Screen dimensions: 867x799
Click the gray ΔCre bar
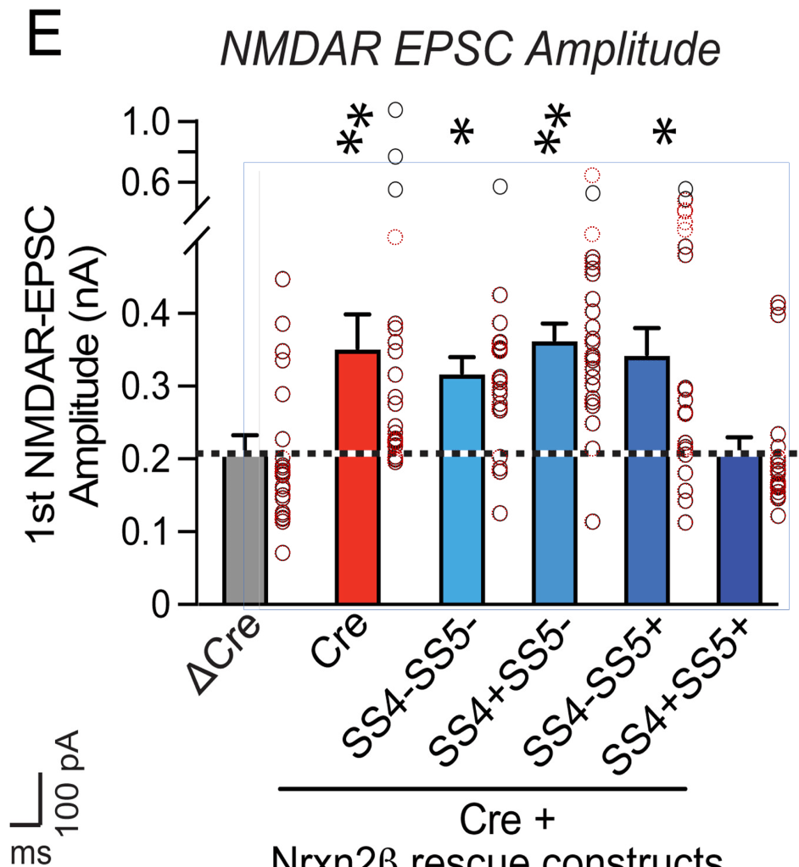[x=244, y=530]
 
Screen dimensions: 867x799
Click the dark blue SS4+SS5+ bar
[x=740, y=530]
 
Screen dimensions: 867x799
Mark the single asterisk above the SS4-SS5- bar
[x=461, y=134]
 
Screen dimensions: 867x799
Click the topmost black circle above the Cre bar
[x=395, y=109]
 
